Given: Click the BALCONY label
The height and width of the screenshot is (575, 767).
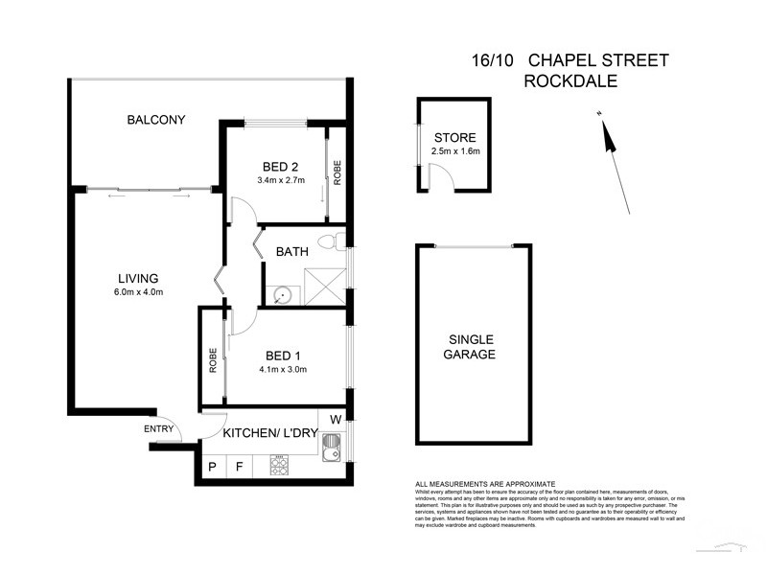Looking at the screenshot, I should (155, 120).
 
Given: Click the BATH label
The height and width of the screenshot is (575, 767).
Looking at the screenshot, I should (291, 253).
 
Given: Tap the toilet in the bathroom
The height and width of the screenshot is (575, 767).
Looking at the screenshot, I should (328, 241).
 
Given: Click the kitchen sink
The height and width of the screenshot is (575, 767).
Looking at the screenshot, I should (331, 448).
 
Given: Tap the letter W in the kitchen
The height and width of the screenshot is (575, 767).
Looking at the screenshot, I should (335, 419).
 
